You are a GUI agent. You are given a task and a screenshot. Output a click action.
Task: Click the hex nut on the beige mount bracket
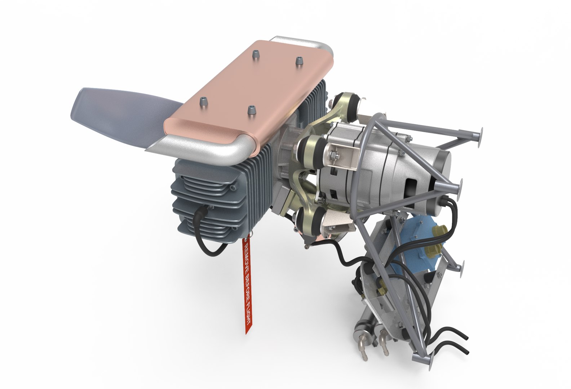pos(333,155)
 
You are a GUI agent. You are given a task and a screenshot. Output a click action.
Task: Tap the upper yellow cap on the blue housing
pos(440,231)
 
